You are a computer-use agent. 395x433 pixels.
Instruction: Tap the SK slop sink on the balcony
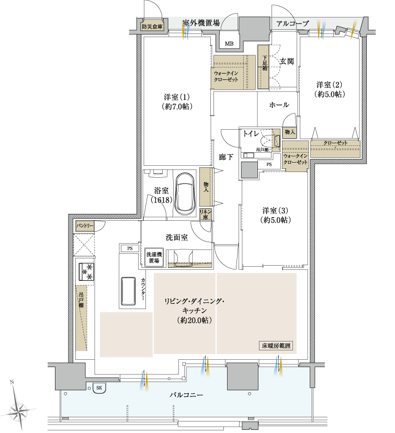99,388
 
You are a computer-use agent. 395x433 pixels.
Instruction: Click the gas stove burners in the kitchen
86,272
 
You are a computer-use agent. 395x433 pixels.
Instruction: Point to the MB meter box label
229,43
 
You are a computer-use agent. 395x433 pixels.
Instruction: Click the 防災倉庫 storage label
152,27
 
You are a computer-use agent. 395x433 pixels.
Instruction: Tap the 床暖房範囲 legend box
276,346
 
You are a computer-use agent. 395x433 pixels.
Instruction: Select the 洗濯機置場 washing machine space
154,257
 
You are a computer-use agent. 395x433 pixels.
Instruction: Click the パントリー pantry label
85,226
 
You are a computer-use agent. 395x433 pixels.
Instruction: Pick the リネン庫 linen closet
205,214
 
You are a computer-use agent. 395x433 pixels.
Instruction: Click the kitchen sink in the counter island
128,291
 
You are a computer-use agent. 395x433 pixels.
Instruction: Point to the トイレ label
251,134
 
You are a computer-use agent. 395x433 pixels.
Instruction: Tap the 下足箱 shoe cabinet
263,67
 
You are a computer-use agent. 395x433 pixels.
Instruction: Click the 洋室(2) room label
329,89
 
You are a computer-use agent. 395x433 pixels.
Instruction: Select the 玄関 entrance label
287,61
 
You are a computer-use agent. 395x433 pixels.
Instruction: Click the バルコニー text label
186,395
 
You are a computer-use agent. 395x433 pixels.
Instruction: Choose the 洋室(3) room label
275,215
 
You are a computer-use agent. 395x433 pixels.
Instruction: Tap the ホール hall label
279,105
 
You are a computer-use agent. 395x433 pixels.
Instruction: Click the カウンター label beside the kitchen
143,289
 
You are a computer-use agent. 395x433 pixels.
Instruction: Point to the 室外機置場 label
201,23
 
